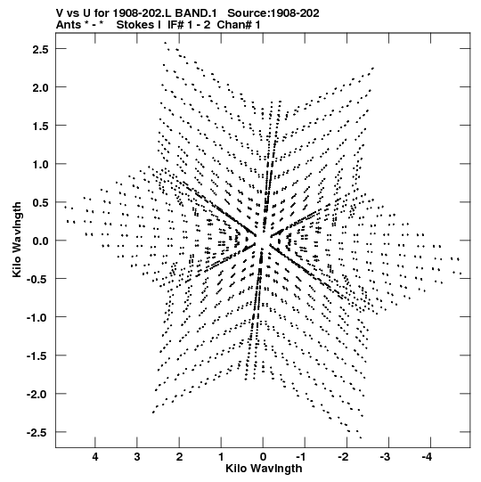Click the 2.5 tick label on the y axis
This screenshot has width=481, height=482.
tap(40, 49)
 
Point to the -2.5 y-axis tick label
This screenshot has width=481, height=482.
tap(37, 432)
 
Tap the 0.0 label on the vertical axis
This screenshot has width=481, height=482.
tap(40, 241)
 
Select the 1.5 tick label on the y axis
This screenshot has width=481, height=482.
tap(40, 126)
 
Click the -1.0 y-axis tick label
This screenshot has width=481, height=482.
tap(37, 317)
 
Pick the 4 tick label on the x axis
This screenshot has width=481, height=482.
tap(95, 457)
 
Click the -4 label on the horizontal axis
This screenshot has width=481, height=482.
tap(427, 457)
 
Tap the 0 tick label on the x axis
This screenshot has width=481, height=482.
tap(263, 457)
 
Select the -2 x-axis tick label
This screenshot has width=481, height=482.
tap(343, 457)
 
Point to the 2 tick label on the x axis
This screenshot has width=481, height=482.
tap(179, 457)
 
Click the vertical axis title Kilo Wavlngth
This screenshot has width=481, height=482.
tap(17, 240)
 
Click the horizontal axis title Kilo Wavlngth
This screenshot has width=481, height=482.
tap(264, 469)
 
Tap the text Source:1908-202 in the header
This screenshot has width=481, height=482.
tap(273, 13)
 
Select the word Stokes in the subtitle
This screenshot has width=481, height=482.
tap(136, 25)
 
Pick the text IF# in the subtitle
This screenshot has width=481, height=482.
tap(176, 25)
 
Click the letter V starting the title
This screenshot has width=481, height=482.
tap(60, 13)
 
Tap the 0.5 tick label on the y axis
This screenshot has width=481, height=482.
tap(40, 202)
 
